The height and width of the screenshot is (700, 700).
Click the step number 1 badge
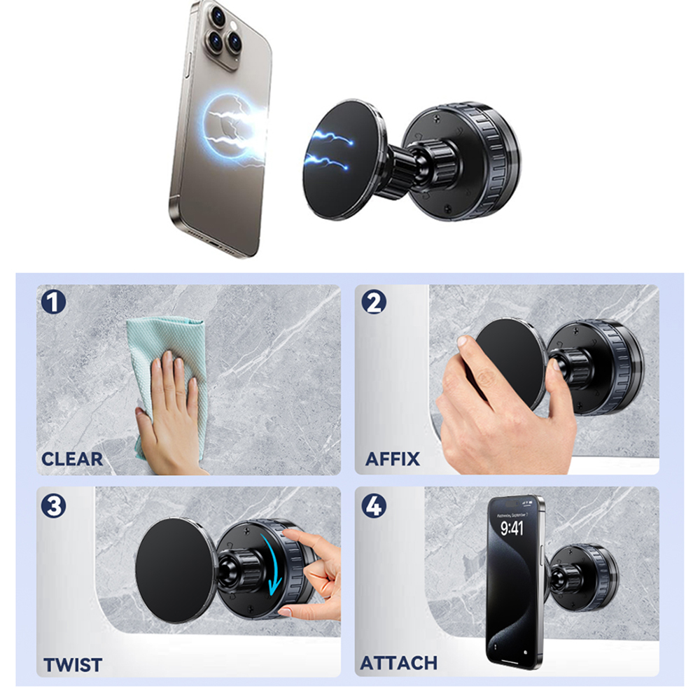pos(54,302)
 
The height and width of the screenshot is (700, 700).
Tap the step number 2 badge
pos(374,302)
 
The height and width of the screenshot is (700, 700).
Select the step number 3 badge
pos(54,506)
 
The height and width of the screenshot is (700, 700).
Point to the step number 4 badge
pos(374,506)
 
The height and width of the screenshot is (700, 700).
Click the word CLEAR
pos(72,459)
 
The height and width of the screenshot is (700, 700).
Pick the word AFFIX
pos(393,459)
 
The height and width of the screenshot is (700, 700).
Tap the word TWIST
pos(73,665)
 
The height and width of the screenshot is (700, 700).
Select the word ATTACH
pos(399,663)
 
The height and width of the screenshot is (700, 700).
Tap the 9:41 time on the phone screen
pos(512,528)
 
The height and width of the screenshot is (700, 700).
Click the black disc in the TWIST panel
pos(176,570)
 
